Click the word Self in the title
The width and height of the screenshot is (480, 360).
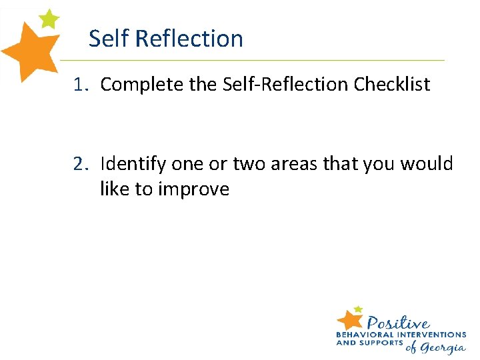coord(109,39)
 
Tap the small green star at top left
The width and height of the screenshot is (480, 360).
coord(49,19)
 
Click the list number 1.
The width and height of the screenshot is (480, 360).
coord(81,85)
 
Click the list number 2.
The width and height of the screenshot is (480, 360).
coord(81,163)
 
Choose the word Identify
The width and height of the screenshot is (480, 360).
coord(133,163)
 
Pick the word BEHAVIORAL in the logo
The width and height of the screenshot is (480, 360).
coord(367,334)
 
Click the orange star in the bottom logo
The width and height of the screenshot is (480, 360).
coord(351,319)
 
